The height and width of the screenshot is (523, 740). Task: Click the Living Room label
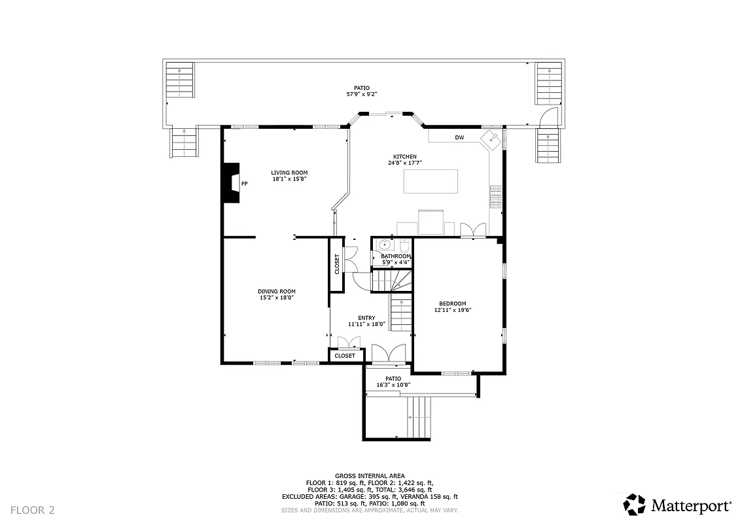tap(289, 173)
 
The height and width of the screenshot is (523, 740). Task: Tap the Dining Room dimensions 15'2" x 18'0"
tap(276, 297)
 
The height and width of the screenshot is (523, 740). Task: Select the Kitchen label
tap(404, 157)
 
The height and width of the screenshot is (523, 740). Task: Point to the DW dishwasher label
tap(459, 137)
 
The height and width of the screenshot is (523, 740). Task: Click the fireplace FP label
tap(244, 184)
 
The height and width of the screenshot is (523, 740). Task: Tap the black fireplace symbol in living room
tap(230, 182)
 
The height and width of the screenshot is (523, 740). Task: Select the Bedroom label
tap(452, 303)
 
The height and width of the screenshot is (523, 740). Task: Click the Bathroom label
tap(396, 256)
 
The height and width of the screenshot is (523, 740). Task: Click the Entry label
tap(366, 318)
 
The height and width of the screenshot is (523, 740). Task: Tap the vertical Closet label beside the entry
tap(338, 263)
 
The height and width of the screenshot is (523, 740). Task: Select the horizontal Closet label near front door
tap(345, 356)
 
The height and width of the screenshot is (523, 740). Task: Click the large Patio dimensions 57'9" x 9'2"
tap(362, 94)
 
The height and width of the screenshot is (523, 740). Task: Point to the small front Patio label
tap(393, 379)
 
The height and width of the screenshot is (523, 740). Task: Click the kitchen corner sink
tap(490, 139)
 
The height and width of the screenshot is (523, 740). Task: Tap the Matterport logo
tap(677, 505)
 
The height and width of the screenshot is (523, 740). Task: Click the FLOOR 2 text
tap(33, 509)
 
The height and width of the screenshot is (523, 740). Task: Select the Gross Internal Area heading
tap(370, 475)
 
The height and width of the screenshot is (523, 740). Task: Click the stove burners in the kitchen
tap(495, 195)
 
